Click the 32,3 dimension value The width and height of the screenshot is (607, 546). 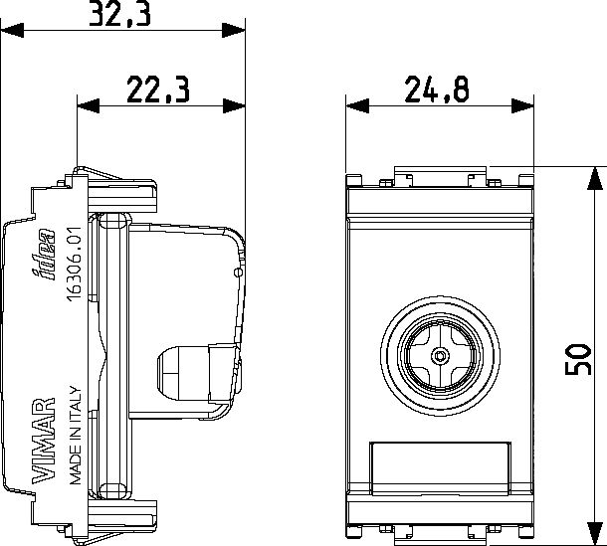(x=119, y=14)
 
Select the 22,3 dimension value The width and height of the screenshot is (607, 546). (x=158, y=90)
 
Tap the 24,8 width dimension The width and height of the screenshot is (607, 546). (x=437, y=90)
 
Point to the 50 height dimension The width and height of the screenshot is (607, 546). (x=578, y=359)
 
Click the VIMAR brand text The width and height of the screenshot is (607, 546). (x=43, y=441)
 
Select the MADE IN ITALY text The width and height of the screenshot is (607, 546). (x=76, y=435)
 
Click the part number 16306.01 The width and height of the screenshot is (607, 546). (x=74, y=264)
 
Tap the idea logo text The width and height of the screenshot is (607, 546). (x=43, y=255)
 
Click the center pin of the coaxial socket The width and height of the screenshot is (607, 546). (x=440, y=356)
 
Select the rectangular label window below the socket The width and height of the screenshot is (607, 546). (x=440, y=468)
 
